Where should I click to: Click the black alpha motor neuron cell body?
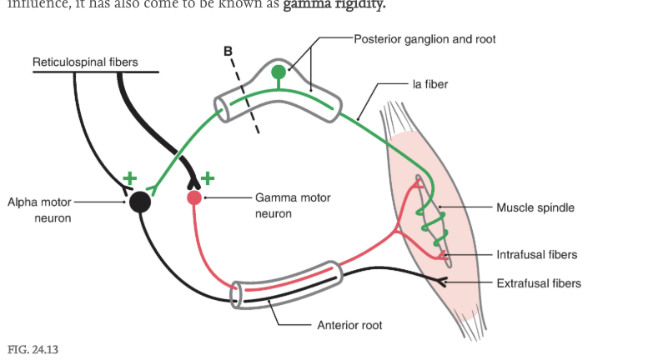(139, 201)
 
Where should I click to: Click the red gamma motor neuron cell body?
(194, 197)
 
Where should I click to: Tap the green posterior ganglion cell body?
(278, 72)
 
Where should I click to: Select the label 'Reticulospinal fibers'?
(85, 62)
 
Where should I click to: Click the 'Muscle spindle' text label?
(535, 207)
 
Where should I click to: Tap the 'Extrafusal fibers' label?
(538, 283)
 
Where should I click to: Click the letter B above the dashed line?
(229, 52)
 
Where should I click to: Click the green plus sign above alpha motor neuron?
(129, 177)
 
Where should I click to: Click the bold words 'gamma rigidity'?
(334, 5)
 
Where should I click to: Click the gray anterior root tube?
(288, 283)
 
